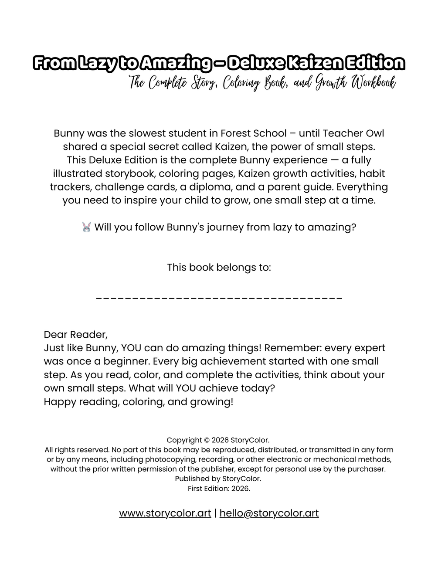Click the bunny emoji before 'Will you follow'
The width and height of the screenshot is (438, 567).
click(x=87, y=227)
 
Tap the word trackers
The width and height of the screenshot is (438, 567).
click(x=71, y=187)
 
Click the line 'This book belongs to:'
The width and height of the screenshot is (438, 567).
click(x=219, y=267)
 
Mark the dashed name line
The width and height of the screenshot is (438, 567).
click(x=219, y=298)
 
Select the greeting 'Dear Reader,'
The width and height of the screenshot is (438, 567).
click(x=75, y=335)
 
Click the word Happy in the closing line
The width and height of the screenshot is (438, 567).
click(x=60, y=401)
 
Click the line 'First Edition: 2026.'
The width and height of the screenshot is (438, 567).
click(x=219, y=489)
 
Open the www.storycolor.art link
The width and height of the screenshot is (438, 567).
click(x=165, y=513)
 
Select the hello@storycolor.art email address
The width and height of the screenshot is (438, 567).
click(x=269, y=513)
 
